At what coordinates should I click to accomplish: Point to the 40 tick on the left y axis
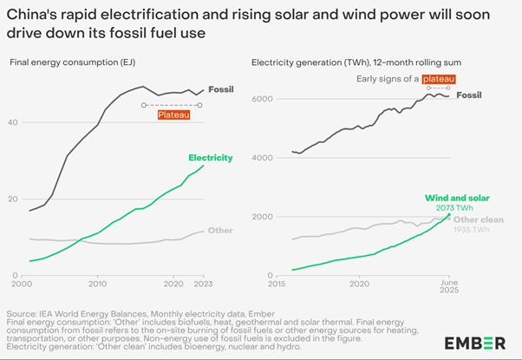[13, 122]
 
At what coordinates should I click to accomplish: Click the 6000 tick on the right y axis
[262, 99]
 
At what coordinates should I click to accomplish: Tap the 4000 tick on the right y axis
[262, 158]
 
